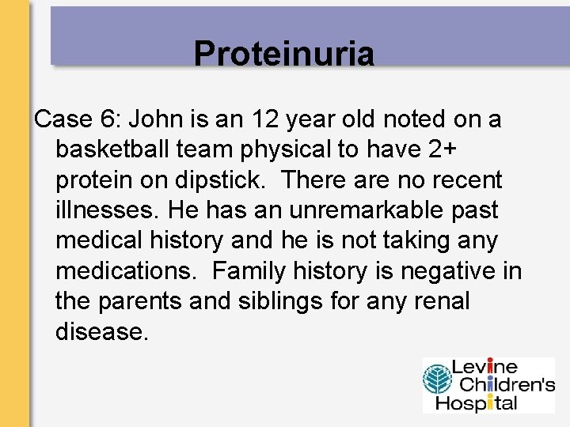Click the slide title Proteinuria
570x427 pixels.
(x=283, y=54)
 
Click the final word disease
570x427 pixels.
(x=101, y=332)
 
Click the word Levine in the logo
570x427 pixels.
(x=484, y=368)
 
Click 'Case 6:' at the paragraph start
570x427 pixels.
(x=77, y=119)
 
